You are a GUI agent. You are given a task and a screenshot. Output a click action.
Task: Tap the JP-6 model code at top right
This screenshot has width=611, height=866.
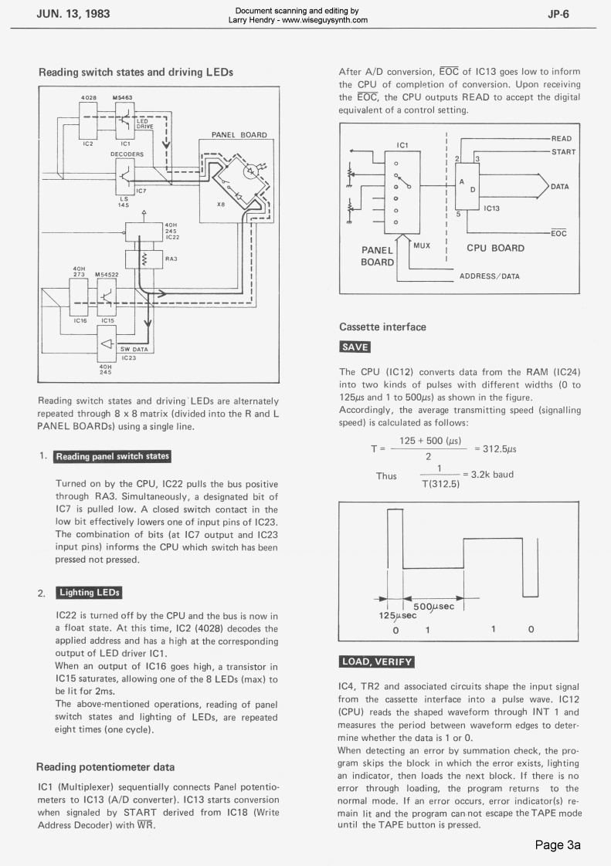point(559,15)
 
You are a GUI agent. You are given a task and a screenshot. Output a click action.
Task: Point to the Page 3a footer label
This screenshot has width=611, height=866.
point(558,845)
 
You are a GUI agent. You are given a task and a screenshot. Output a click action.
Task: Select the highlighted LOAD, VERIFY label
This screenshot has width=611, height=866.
point(377,661)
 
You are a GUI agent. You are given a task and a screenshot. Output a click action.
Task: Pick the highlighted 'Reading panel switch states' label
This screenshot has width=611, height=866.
point(112,456)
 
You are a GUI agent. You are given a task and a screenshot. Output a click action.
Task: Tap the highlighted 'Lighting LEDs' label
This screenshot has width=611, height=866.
point(89,593)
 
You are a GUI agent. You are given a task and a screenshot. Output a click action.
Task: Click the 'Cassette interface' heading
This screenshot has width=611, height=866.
point(382,327)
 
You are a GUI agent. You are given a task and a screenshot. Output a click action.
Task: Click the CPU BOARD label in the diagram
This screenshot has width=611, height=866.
point(495,249)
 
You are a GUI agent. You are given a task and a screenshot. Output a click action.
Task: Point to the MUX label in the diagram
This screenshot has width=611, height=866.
point(422,245)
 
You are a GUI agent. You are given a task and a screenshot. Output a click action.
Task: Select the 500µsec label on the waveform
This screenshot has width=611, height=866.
point(438,607)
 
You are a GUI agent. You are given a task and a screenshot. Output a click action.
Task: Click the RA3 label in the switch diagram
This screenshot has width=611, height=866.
point(171,259)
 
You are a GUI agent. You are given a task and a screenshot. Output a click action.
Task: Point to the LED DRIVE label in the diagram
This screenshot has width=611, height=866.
point(145,124)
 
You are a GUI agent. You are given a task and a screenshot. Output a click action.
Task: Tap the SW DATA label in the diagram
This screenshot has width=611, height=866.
point(135,350)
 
